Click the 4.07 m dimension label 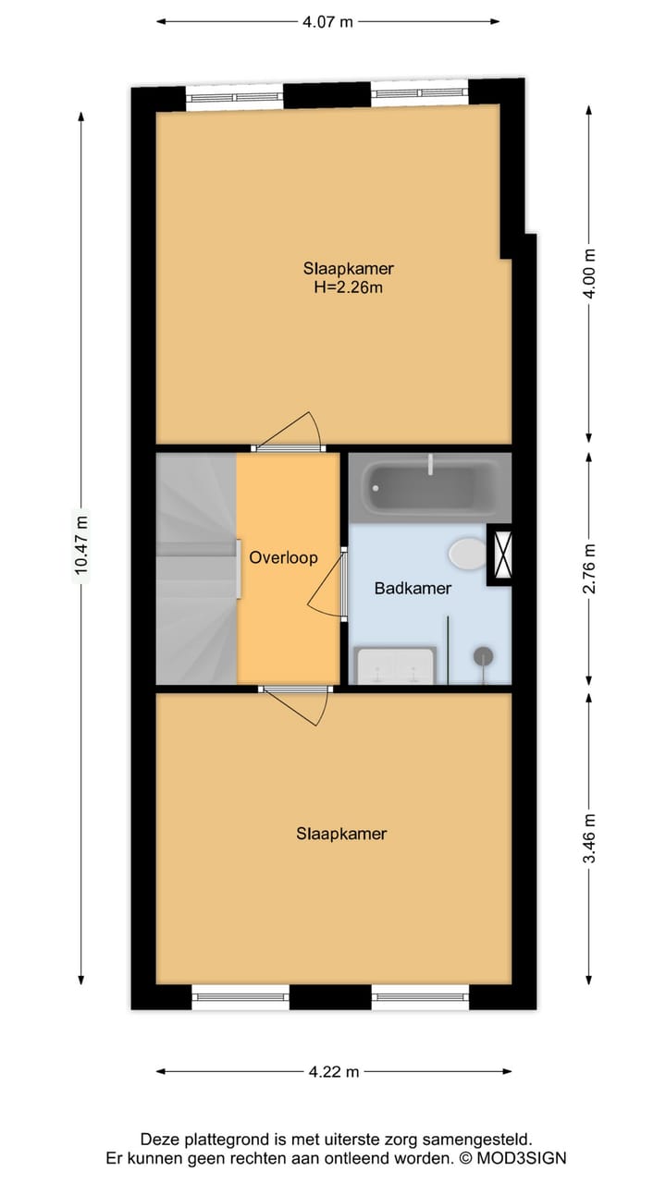(x=327, y=21)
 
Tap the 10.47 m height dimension (x=81, y=545)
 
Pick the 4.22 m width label (x=333, y=1072)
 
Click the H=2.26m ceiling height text (x=349, y=287)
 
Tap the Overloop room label (x=283, y=557)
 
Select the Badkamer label (x=413, y=588)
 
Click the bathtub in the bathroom (x=431, y=488)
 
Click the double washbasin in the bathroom (x=396, y=665)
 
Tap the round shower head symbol (x=483, y=657)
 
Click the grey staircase (x=195, y=568)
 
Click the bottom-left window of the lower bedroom (x=240, y=996)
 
